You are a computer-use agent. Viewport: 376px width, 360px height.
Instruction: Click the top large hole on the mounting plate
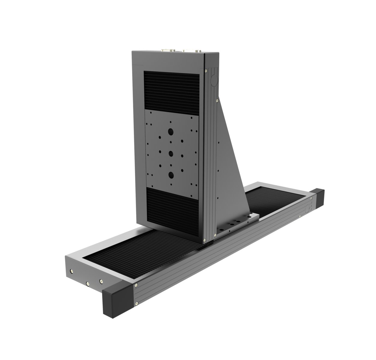pos(171,131)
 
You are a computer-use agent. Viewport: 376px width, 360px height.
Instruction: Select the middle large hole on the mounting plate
pos(171,154)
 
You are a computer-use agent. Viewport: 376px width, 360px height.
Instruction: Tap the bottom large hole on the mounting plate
pos(171,174)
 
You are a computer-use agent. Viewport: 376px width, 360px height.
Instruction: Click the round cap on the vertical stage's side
pos(214,80)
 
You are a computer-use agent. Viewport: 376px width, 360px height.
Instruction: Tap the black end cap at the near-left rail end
pos(118,300)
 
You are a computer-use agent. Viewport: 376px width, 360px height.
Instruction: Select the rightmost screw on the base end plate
pos(101,281)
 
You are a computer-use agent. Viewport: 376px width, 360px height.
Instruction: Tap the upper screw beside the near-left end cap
pos(137,285)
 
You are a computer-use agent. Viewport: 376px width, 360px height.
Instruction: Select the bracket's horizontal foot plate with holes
pos(237,222)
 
